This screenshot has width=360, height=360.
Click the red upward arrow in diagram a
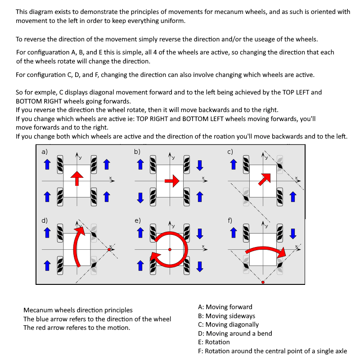coord(77,178)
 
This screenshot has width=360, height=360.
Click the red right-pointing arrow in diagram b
coord(172,181)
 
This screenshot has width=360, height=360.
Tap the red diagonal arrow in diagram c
coord(265,179)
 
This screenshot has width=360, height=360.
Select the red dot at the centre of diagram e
coord(170,250)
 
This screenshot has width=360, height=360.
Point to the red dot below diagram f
coord(263,282)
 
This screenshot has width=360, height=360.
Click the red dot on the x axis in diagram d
coord(109,250)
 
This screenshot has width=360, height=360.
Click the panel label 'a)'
coord(45,152)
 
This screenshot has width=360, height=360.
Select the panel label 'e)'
coord(138,220)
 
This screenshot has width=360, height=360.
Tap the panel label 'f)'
coord(230,220)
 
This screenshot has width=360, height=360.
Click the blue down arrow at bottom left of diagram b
coord(140,198)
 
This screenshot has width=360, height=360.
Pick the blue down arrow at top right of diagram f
coord(293,234)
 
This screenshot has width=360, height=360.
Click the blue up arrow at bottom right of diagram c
coord(293,197)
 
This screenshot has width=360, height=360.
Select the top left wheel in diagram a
coord(60,164)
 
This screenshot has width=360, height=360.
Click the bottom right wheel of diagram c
coord(279,197)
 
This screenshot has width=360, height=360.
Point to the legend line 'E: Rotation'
coord(214,342)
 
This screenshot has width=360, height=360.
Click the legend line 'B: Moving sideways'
coord(227,316)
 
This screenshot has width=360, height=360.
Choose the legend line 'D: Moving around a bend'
coord(235,333)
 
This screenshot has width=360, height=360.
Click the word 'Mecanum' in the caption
coord(36,310)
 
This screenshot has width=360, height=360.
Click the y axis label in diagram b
coord(173,158)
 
